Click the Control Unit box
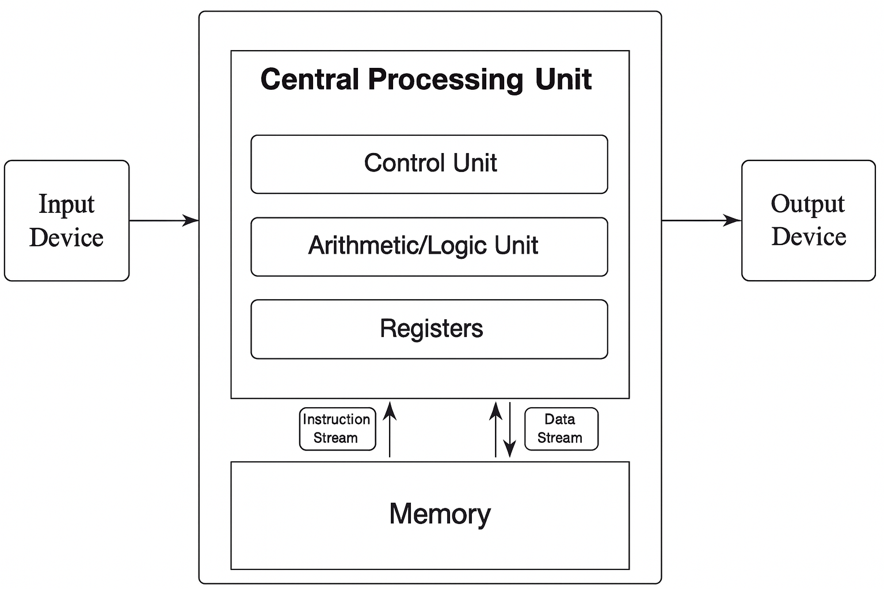point(429,164)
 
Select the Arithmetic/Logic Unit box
point(429,246)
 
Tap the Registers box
point(429,329)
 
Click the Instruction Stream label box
point(337,429)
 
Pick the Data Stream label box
point(561,429)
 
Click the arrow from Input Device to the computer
point(164,220)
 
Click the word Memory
point(440,514)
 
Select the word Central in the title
point(310,79)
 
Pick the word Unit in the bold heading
point(563,79)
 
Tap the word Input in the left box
point(66,205)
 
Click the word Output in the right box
point(807,204)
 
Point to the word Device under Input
point(66,238)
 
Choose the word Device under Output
point(809,236)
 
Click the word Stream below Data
point(559,438)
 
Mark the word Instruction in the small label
point(337,419)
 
